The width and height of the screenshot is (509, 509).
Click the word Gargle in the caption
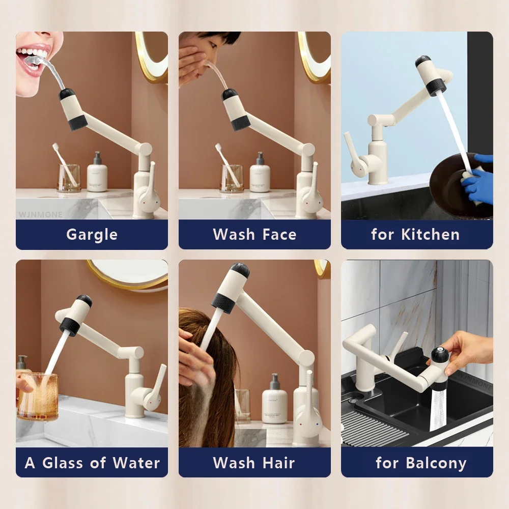pos(92,235)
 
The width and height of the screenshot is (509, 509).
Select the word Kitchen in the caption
pos(430,235)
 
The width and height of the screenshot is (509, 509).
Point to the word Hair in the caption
pos(278,463)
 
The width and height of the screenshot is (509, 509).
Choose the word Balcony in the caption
pos(436,463)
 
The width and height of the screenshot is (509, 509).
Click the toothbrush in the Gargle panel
pos(64,163)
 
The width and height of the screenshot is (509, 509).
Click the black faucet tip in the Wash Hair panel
pos(240,269)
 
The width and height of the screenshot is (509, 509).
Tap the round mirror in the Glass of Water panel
pos(132,272)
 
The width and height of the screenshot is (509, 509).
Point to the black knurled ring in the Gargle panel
pos(78,122)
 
